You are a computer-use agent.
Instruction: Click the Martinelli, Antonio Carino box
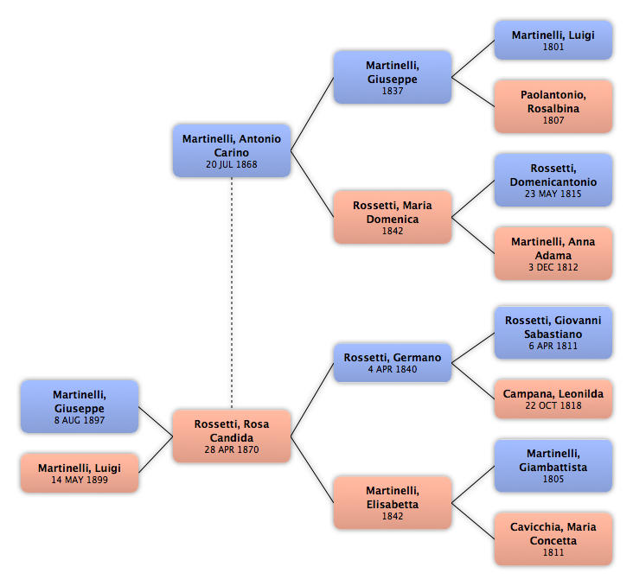232,150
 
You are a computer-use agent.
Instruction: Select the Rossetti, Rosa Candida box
232,436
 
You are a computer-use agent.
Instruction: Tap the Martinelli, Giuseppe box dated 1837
393,77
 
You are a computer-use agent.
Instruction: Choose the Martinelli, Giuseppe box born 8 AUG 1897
80,406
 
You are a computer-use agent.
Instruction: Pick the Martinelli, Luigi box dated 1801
553,41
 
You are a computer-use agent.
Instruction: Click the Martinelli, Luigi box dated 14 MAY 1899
80,473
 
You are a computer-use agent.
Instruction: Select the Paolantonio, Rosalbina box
553,106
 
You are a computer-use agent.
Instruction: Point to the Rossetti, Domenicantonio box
553,180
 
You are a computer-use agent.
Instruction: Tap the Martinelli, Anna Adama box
553,253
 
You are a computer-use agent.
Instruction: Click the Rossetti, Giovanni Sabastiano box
553,333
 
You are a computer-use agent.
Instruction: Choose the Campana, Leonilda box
553,398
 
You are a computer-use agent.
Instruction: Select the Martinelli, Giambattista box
553,466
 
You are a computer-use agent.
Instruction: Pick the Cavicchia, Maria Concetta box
553,539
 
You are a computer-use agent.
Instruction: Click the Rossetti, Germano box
393,363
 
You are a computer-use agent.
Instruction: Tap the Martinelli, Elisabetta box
393,502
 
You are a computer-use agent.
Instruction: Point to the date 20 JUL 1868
232,165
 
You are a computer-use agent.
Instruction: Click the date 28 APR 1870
232,449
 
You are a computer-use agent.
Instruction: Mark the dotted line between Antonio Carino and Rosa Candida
232,293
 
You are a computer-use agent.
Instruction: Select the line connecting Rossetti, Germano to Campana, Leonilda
473,381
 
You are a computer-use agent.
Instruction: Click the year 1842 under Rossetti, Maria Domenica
393,232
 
